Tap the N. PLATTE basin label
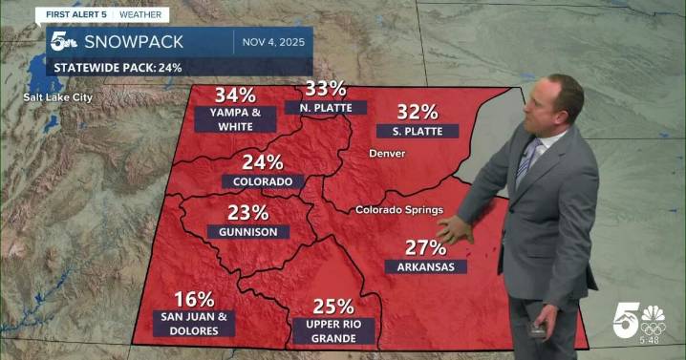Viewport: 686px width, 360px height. (x=325, y=108)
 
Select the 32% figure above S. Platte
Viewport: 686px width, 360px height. (x=418, y=111)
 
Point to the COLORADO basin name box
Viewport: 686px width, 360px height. (x=263, y=181)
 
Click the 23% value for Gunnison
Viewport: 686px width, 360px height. (x=247, y=212)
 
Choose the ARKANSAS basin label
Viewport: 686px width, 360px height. (x=432, y=266)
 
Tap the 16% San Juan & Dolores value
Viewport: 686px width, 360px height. (x=194, y=299)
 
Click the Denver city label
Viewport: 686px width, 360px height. (x=388, y=154)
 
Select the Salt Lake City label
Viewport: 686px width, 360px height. (x=59, y=96)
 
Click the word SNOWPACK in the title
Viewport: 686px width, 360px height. (x=130, y=40)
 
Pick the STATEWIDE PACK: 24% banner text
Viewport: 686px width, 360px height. (x=118, y=68)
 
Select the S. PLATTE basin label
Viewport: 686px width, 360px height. (x=417, y=131)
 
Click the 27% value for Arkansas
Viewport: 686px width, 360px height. (x=425, y=246)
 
